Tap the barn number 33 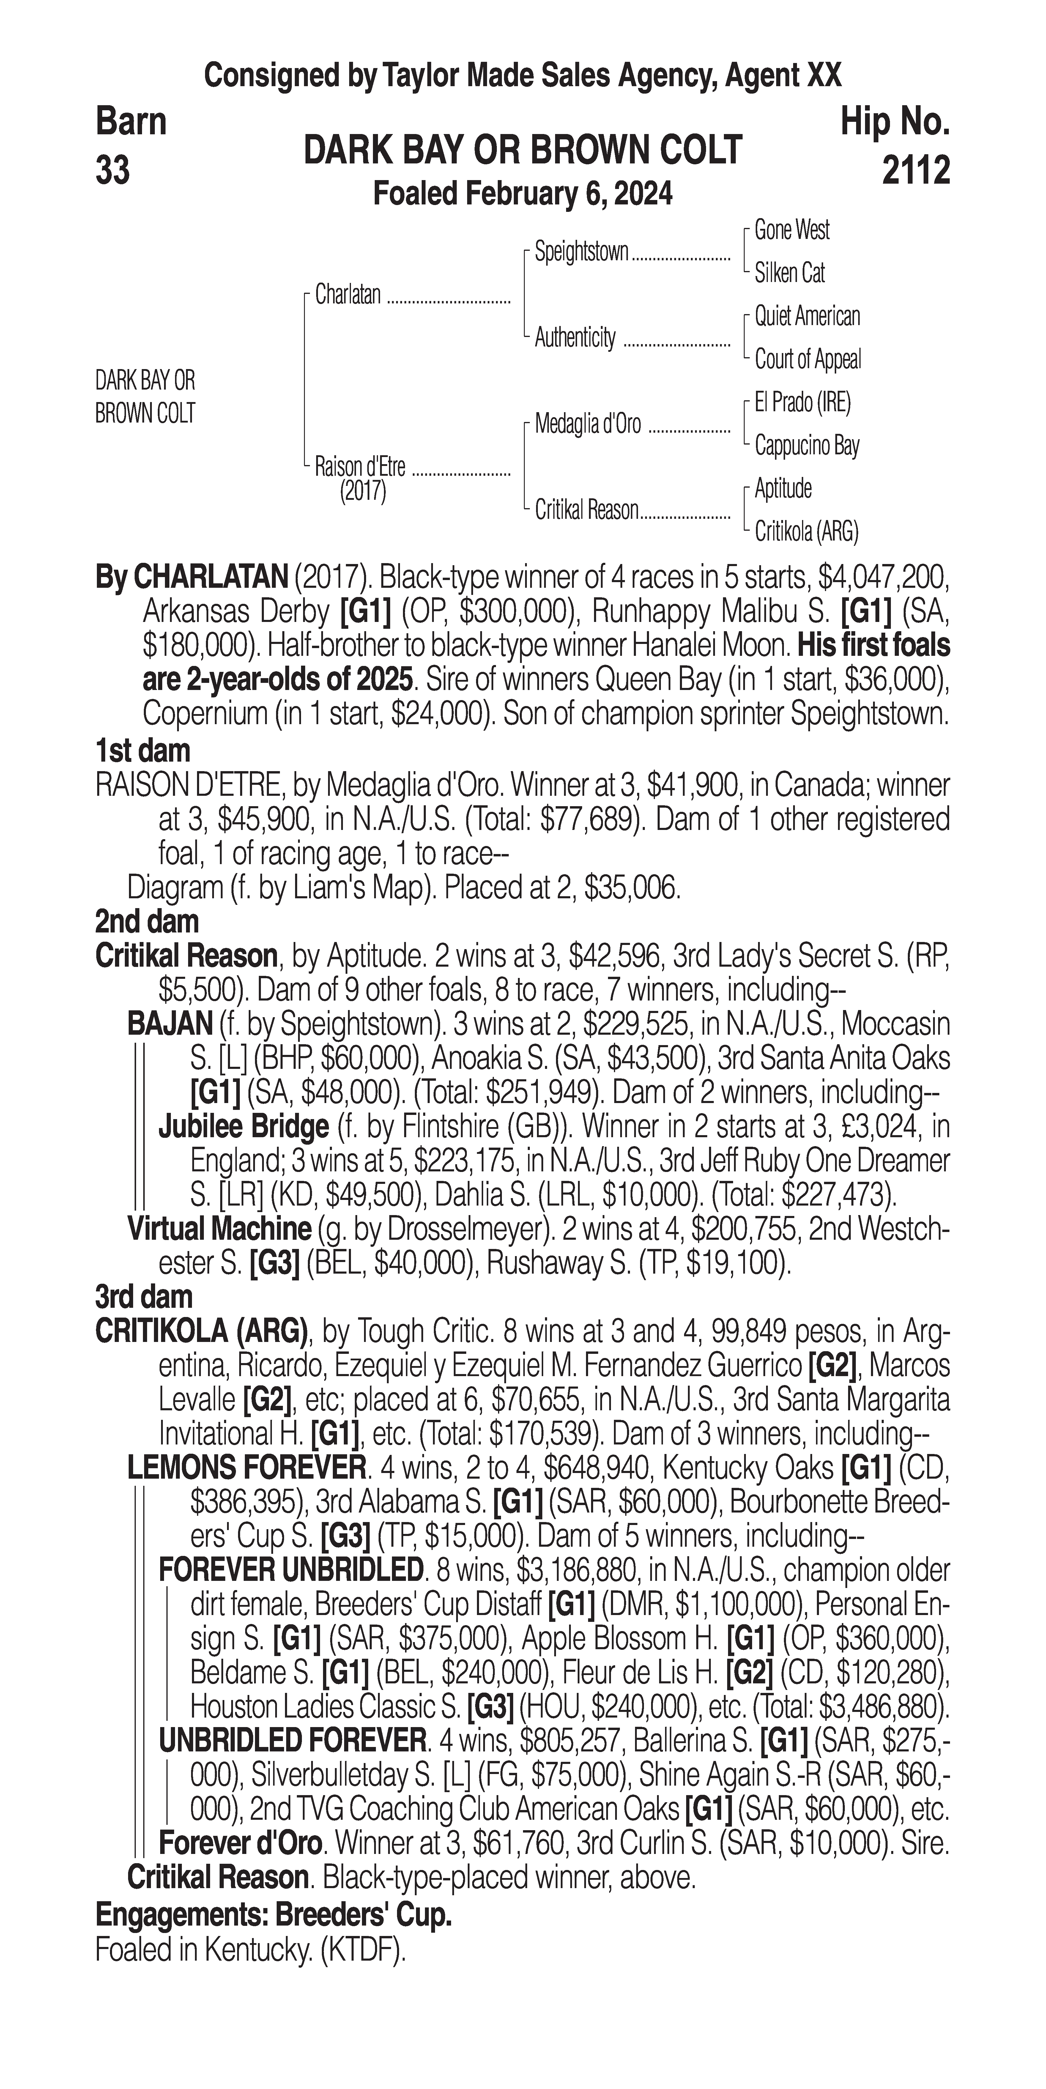(113, 170)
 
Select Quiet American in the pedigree (807, 316)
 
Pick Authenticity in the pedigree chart (575, 337)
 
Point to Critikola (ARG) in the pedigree (806, 531)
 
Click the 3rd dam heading (144, 1297)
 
